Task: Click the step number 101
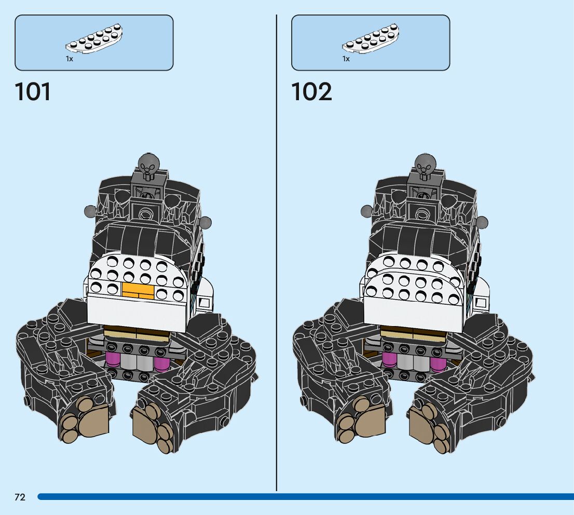click(33, 92)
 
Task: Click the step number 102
click(311, 92)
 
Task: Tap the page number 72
click(20, 497)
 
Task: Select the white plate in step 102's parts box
click(371, 39)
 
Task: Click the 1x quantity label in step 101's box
click(70, 59)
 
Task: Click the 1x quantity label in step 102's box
click(346, 59)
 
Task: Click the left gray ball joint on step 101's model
click(90, 211)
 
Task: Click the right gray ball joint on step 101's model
click(206, 223)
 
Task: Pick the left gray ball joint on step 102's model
click(367, 211)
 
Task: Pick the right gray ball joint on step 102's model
click(483, 223)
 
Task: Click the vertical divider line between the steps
click(277, 260)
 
